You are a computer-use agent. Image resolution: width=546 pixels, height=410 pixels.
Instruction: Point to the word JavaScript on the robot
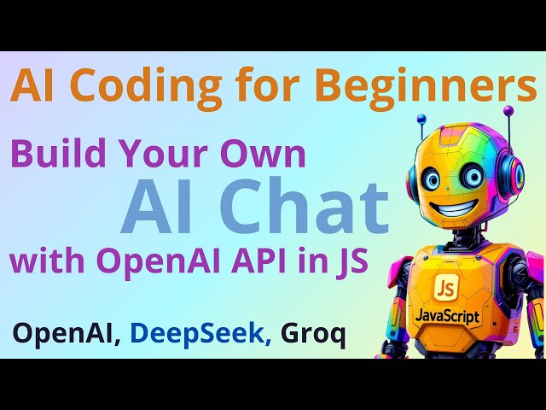point(447,317)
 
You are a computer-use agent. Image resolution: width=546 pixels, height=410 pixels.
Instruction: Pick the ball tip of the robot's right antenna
point(508,110)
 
